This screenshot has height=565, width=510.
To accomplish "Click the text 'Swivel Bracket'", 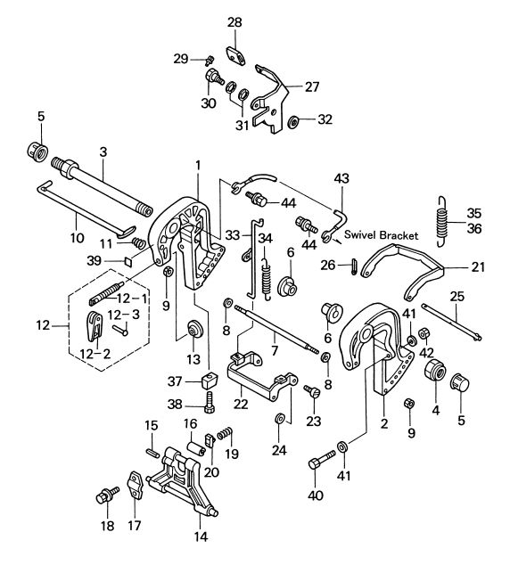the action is (382, 235).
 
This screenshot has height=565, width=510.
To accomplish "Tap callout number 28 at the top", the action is (234, 22).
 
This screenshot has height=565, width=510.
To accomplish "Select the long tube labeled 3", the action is (102, 187).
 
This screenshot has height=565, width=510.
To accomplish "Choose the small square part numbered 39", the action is (128, 261).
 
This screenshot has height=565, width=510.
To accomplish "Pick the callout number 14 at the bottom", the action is (201, 536).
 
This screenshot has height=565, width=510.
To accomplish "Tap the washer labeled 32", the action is (292, 122).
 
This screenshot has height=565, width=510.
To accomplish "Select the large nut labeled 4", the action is (435, 370).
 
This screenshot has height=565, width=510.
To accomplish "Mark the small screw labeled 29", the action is (210, 61).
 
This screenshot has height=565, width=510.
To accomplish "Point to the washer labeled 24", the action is (280, 419).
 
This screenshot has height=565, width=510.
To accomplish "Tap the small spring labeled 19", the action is (226, 433).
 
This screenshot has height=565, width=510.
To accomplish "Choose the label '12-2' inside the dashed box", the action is (95, 354).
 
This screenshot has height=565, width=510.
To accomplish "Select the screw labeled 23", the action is (312, 391).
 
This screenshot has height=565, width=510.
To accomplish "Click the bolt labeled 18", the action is (107, 495).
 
